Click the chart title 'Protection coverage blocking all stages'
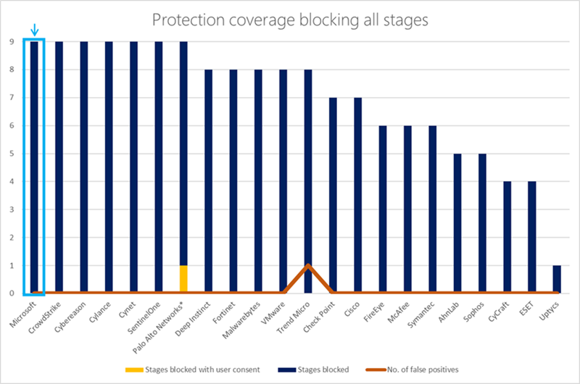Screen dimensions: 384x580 (x=290, y=20)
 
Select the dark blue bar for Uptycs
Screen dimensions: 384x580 (x=557, y=279)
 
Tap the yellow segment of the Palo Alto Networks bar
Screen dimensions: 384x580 (x=183, y=279)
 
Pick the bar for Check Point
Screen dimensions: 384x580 (x=333, y=196)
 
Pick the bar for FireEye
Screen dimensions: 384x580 (x=383, y=210)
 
